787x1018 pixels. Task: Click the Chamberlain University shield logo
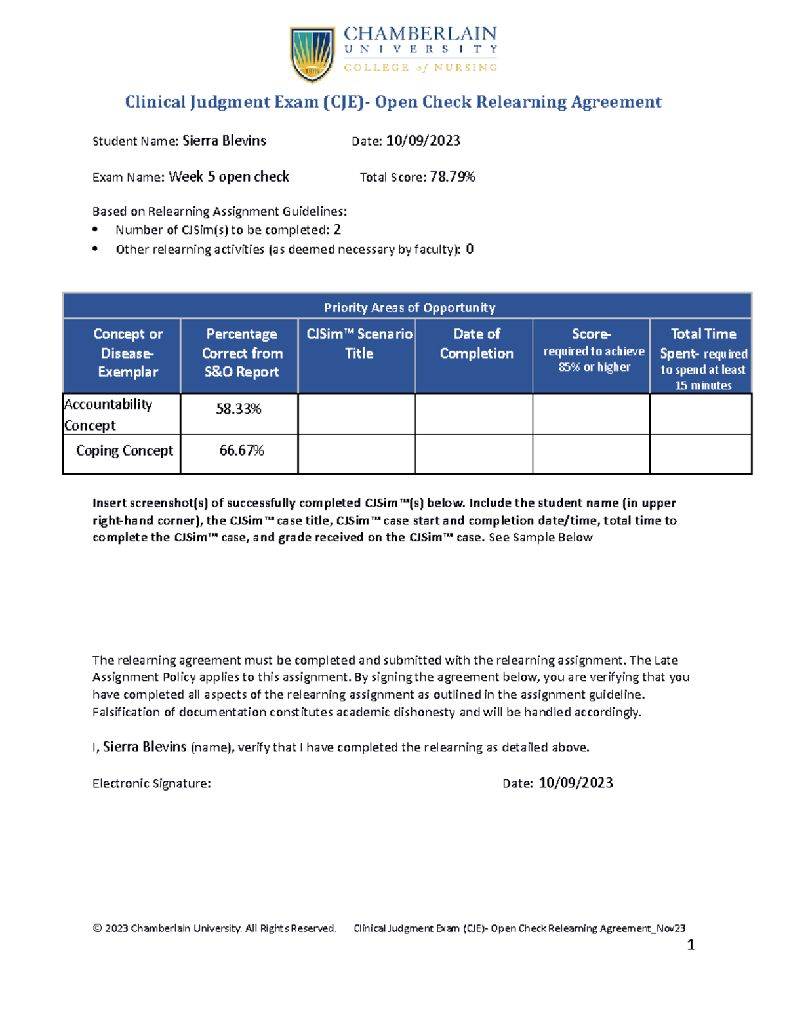coord(312,54)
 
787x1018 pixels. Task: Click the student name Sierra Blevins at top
coord(224,141)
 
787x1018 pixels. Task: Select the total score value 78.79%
coord(453,177)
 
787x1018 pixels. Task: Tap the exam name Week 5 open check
coord(229,177)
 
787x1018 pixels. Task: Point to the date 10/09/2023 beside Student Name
coord(423,141)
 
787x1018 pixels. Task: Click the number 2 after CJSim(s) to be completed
coord(337,230)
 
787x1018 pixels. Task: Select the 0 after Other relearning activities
coord(470,249)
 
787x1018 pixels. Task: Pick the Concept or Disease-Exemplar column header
coord(128,353)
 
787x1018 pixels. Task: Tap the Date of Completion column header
coord(477,343)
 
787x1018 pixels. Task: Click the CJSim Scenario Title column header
coord(359,343)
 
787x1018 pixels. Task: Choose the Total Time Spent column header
coord(703,358)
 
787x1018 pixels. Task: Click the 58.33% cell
coord(239,409)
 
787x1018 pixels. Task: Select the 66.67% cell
coord(241,451)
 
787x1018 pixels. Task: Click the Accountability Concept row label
coord(108,414)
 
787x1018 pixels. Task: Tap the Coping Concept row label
coord(125,451)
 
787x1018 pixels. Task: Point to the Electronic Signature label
coord(151,783)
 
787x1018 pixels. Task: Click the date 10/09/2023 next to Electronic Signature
coord(576,783)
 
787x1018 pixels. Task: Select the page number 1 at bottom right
coord(690,945)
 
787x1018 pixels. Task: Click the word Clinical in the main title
coord(155,102)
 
